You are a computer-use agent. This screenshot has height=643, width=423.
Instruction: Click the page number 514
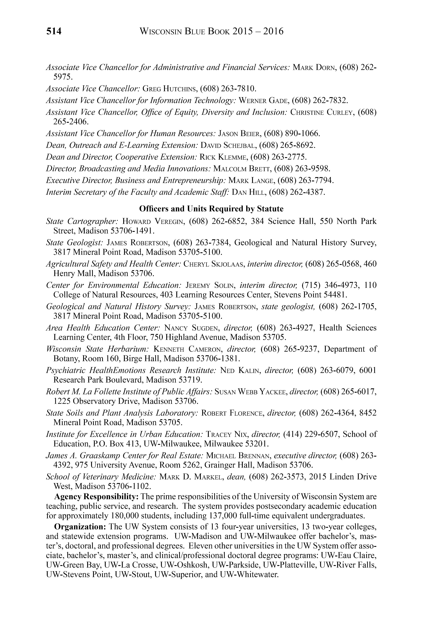(54, 32)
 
